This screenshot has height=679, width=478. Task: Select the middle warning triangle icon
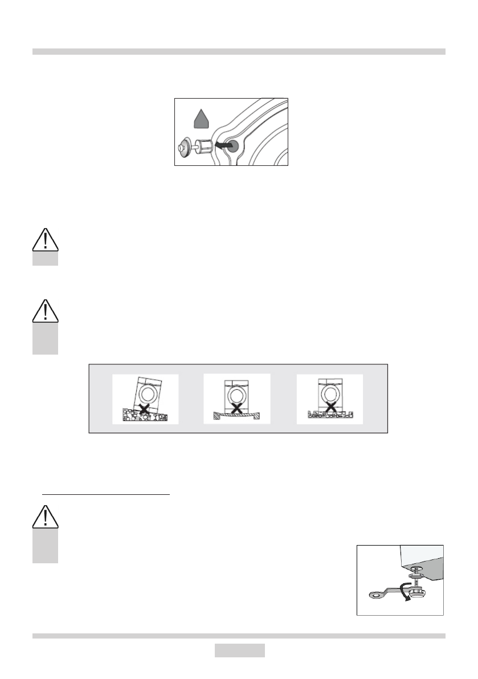45,311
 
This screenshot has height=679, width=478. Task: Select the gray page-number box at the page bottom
239,650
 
